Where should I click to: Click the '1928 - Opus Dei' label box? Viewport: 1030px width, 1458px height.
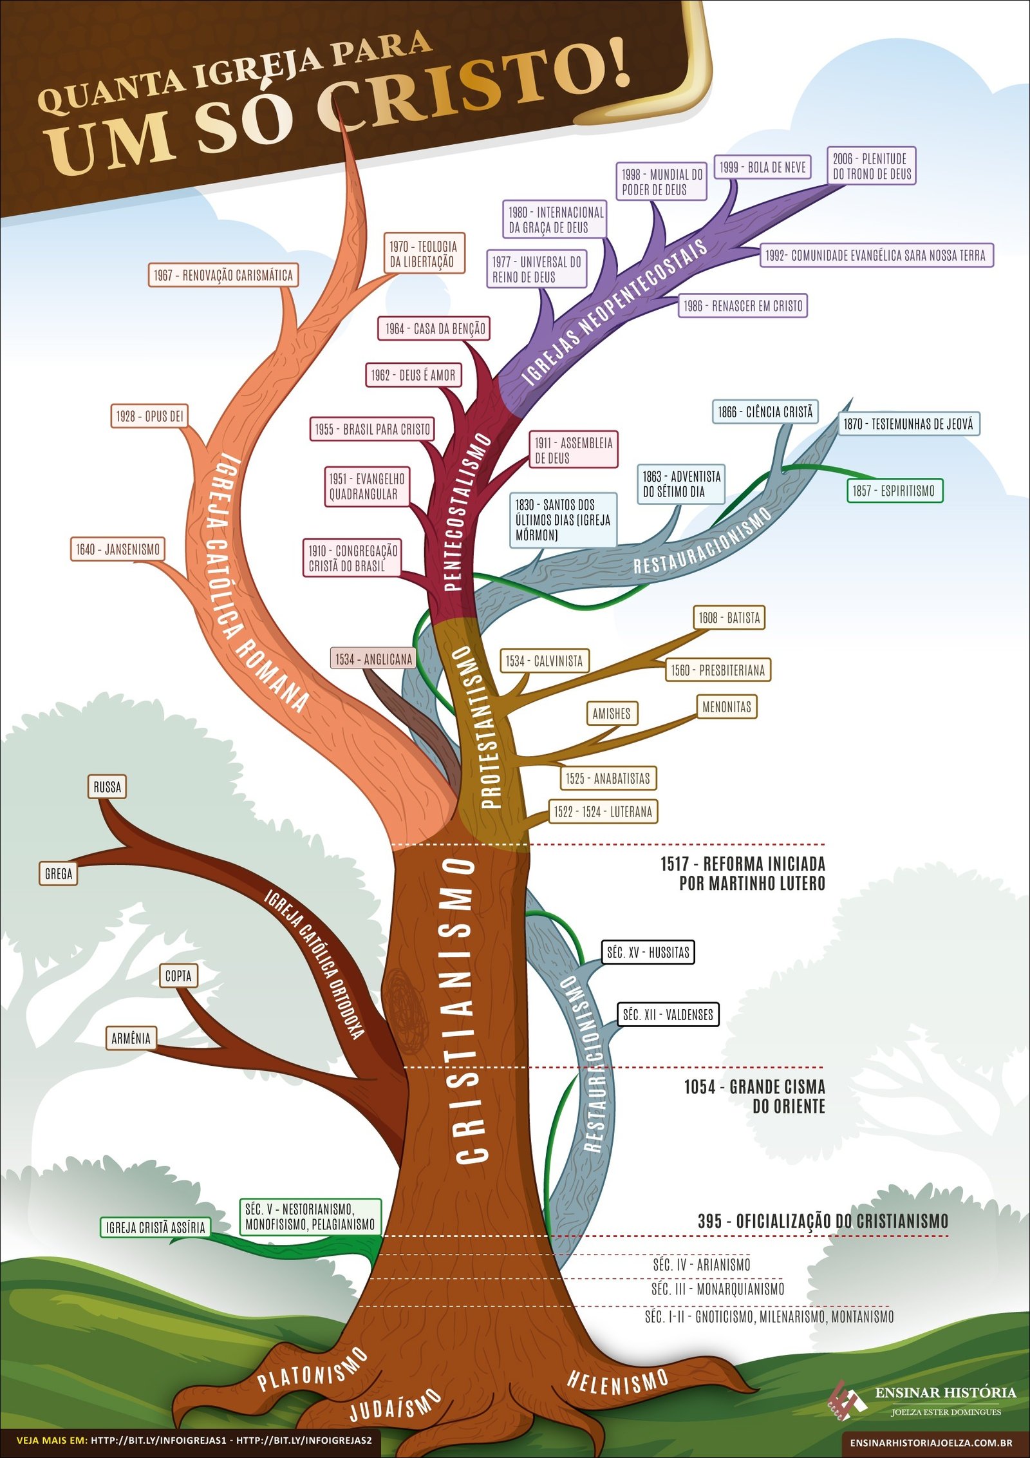(149, 416)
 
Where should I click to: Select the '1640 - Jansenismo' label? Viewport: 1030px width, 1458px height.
(117, 549)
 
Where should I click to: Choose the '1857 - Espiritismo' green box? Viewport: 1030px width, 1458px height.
(894, 491)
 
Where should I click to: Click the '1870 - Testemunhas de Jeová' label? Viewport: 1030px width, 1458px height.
(908, 424)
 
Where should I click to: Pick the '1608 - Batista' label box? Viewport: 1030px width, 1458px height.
(729, 618)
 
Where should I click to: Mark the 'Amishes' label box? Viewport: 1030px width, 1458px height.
(612, 714)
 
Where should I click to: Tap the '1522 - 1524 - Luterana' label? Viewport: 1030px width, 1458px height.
(603, 811)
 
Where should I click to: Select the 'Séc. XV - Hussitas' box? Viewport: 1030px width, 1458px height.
(648, 952)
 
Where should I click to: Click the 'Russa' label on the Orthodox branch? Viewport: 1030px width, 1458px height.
(107, 787)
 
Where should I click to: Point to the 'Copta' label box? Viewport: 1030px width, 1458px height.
(178, 976)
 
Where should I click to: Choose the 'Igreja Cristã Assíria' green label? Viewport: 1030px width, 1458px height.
(156, 1227)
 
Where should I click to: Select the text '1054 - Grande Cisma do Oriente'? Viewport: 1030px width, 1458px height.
(754, 1096)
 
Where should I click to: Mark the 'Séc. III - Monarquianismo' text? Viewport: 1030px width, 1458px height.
(718, 1289)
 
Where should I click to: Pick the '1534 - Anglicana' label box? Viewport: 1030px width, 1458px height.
(373, 659)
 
